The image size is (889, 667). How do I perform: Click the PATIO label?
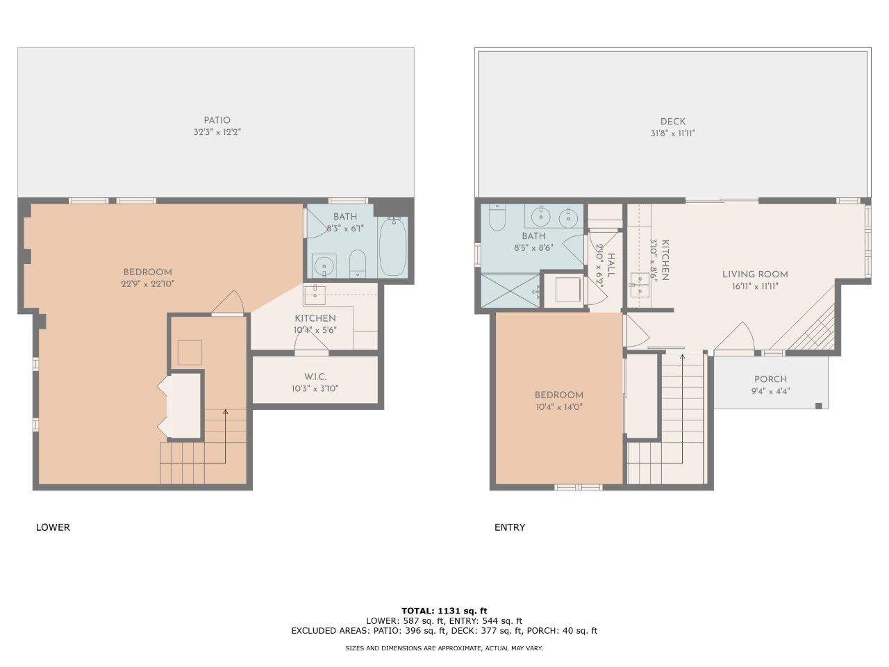pos(217,120)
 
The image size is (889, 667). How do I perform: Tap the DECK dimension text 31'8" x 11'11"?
pos(673,133)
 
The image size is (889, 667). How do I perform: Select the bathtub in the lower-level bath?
pos(392,247)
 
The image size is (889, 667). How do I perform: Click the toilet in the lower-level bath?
pos(358,263)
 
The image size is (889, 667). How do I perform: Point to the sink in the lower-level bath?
pos(324,265)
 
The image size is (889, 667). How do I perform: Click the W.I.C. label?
pos(315,377)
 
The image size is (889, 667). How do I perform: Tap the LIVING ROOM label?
pos(755,274)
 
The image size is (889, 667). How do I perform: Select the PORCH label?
pos(770,379)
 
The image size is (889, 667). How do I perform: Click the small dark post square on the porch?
pos(819,406)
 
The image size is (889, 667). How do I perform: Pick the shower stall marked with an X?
pos(510,290)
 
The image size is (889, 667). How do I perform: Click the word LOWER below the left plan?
pos(53,527)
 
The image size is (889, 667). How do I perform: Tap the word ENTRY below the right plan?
pos(510,527)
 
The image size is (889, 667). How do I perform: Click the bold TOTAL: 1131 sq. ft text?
pos(444,611)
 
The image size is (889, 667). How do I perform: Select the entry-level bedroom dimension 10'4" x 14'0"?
pos(559,407)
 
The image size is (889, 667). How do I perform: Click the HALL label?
pos(612,265)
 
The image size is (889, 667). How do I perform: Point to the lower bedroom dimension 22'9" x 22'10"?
pos(148,284)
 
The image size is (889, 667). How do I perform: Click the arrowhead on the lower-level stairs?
pos(225,412)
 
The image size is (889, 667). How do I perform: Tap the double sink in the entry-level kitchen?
pos(640,285)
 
